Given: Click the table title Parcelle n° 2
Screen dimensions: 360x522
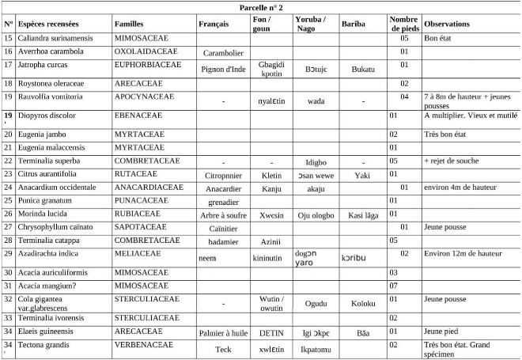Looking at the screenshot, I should (x=260, y=7).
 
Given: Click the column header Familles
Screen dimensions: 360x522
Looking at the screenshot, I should (x=129, y=24).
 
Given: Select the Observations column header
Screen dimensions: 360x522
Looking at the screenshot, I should (x=446, y=24).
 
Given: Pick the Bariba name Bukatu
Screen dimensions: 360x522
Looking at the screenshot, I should (x=362, y=69).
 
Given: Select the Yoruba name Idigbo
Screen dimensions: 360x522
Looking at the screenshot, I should (x=316, y=162).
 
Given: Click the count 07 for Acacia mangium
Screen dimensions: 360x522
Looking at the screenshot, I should (x=404, y=284).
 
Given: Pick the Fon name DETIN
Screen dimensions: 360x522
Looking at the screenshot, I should (x=271, y=332).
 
